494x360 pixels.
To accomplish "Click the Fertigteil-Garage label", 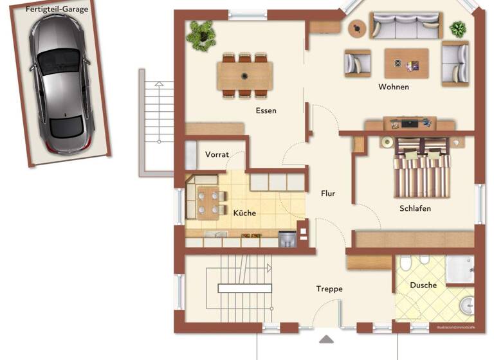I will (x=57, y=10).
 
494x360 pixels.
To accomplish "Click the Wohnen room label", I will (x=394, y=87).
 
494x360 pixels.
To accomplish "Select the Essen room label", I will (x=266, y=111).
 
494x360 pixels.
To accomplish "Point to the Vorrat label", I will (x=217, y=155).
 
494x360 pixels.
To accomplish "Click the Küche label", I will (x=244, y=213).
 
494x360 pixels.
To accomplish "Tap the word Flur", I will (x=328, y=194).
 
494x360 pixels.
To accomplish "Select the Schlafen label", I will (x=415, y=208).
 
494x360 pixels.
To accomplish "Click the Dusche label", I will (x=423, y=285).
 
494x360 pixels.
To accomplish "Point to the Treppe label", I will (x=329, y=289).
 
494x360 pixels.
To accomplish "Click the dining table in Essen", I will (x=244, y=76).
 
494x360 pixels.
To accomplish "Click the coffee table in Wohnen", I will (x=407, y=63).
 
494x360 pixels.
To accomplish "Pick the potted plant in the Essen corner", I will (x=201, y=34).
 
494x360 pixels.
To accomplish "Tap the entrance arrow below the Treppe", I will (x=327, y=339).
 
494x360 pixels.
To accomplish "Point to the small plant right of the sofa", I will (x=458, y=28).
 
